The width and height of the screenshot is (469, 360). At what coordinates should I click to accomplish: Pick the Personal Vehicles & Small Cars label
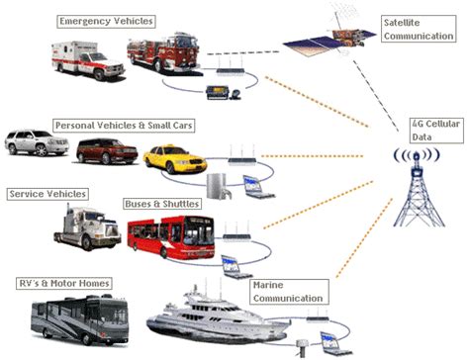click(124, 126)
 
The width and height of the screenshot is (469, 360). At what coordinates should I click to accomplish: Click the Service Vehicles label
click(47, 193)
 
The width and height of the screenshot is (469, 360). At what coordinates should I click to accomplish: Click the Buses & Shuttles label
click(162, 204)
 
